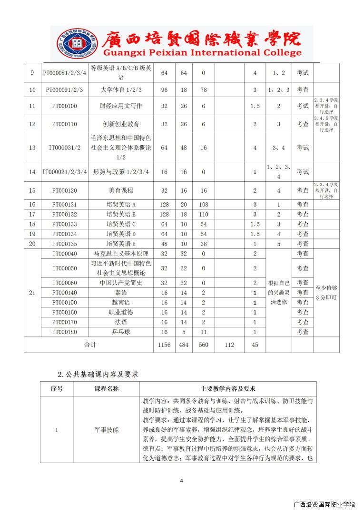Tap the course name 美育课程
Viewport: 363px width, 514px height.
coord(121,190)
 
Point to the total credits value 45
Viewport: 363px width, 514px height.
coord(255,345)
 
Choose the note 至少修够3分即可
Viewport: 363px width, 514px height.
coord(326,293)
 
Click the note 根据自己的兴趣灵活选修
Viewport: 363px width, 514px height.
coord(279,292)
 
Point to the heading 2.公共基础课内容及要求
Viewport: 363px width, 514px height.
coord(98,375)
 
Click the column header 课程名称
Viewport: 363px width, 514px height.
coord(107,388)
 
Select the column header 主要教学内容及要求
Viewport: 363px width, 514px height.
coord(228,388)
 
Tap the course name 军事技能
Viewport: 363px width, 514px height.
coord(107,430)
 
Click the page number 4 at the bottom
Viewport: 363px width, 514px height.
coord(181,480)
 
